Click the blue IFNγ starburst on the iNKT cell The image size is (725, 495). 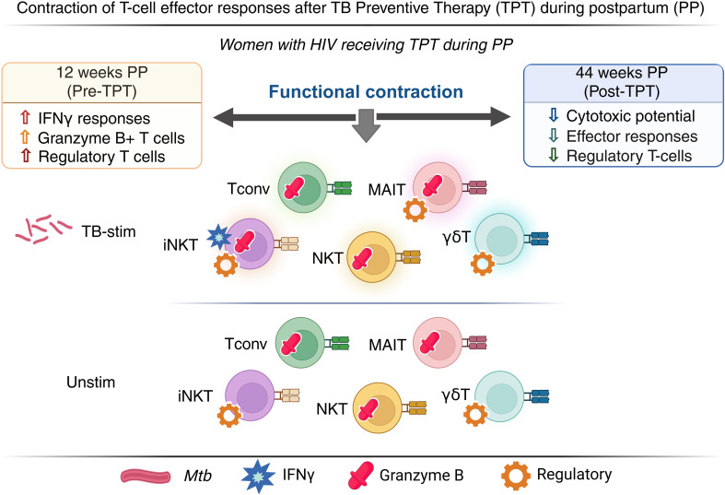[x=218, y=237]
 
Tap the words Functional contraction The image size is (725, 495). [x=366, y=91]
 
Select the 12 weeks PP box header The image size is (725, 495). [x=102, y=81]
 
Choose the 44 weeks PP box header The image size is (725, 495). [x=623, y=82]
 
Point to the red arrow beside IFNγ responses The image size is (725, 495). [x=26, y=117]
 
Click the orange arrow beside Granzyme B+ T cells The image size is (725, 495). [x=26, y=137]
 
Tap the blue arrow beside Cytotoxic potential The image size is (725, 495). [x=553, y=115]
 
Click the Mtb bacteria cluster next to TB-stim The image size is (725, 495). [x=43, y=229]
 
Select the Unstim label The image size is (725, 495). [x=90, y=383]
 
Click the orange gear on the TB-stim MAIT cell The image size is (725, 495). [x=415, y=209]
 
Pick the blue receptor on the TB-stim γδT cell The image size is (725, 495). [x=539, y=239]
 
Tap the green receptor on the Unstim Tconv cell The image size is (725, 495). [x=340, y=343]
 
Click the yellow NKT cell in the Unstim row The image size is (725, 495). [x=377, y=408]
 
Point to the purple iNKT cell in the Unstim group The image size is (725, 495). [x=251, y=395]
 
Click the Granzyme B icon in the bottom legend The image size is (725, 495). [x=361, y=475]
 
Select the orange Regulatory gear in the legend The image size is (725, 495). [x=516, y=475]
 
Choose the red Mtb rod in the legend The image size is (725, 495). [x=146, y=476]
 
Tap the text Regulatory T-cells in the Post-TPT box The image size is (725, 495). [x=629, y=156]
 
